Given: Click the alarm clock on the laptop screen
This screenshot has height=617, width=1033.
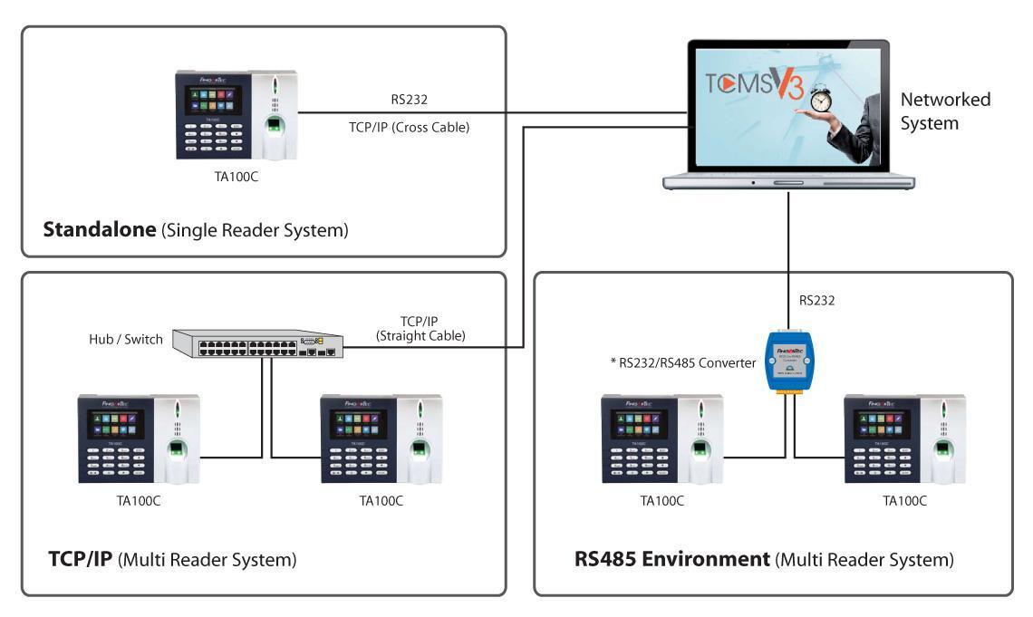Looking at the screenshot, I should coord(821,96).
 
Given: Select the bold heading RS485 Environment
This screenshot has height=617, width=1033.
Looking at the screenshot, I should coord(671,559).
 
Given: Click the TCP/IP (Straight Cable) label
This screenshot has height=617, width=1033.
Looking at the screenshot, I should coord(420,328).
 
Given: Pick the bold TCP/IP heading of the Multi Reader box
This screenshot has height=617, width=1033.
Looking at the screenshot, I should coord(80,559).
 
